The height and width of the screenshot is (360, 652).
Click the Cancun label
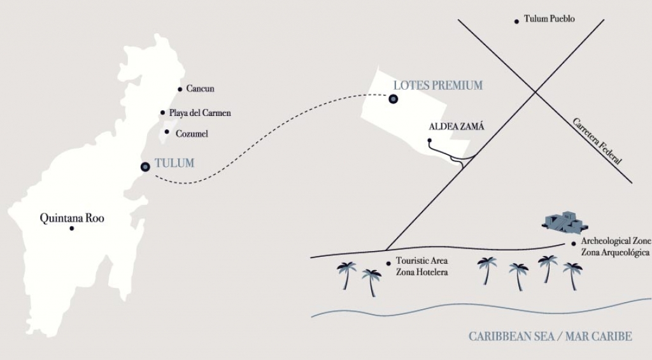click(x=200, y=89)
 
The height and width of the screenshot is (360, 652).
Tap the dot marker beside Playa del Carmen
click(x=163, y=113)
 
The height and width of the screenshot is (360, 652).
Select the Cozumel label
click(x=192, y=134)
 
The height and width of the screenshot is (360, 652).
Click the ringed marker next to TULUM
click(x=145, y=166)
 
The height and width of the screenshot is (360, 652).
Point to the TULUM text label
click(x=174, y=163)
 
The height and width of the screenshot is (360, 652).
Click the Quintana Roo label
click(x=72, y=218)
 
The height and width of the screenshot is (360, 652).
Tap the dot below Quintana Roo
click(x=71, y=228)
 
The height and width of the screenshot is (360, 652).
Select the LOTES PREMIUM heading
click(x=437, y=85)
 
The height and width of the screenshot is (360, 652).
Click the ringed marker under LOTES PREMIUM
click(x=393, y=99)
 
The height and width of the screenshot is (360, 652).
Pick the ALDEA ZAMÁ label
click(x=457, y=126)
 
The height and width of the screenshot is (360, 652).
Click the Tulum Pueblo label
click(x=549, y=19)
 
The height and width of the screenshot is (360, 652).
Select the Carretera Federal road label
click(x=596, y=141)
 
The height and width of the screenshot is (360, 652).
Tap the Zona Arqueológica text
click(x=615, y=252)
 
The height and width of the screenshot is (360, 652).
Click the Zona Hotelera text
click(x=422, y=272)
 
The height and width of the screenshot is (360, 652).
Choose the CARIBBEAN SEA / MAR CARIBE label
click(x=550, y=336)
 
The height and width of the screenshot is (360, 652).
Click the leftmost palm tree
click(x=347, y=274)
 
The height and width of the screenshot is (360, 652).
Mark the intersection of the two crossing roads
click(x=534, y=92)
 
